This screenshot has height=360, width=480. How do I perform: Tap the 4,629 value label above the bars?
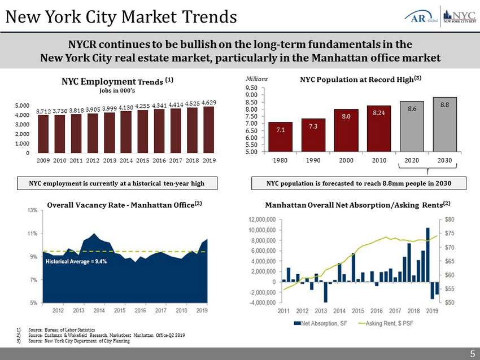click(209, 102)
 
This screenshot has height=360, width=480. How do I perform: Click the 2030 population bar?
click(445, 125)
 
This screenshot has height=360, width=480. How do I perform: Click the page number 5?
click(472, 354)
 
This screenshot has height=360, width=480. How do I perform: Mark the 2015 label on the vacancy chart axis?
click(120, 310)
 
